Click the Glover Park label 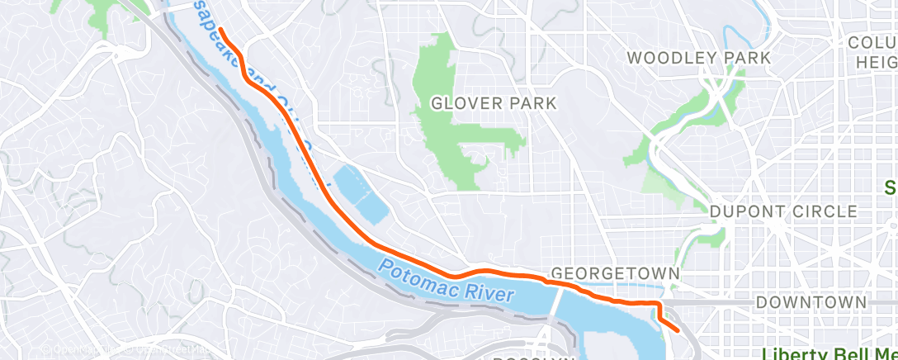494,103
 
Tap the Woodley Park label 699,58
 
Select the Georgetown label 615,273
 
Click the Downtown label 812,303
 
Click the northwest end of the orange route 221,31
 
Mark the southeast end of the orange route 678,330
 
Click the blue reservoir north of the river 360,193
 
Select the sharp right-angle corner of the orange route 658,305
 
